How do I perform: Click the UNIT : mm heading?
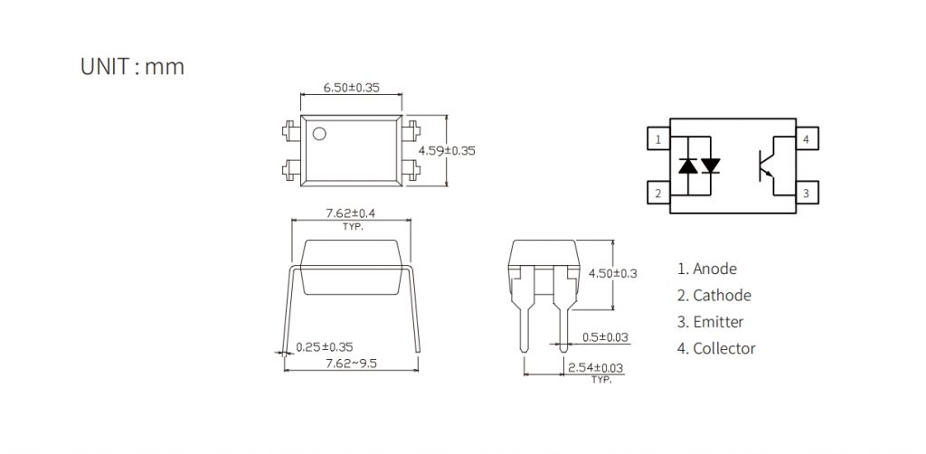[132, 66]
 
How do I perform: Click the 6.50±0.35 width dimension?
[352, 88]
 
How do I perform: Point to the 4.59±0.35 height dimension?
[447, 150]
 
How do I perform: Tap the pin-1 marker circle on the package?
[319, 134]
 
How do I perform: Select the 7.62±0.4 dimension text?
[351, 213]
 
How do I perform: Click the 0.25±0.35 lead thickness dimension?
[325, 347]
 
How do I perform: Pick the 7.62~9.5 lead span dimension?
[352, 363]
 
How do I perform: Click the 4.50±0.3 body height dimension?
[613, 273]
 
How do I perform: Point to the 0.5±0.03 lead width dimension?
[606, 337]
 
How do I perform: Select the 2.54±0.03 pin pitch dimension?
[595, 368]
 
